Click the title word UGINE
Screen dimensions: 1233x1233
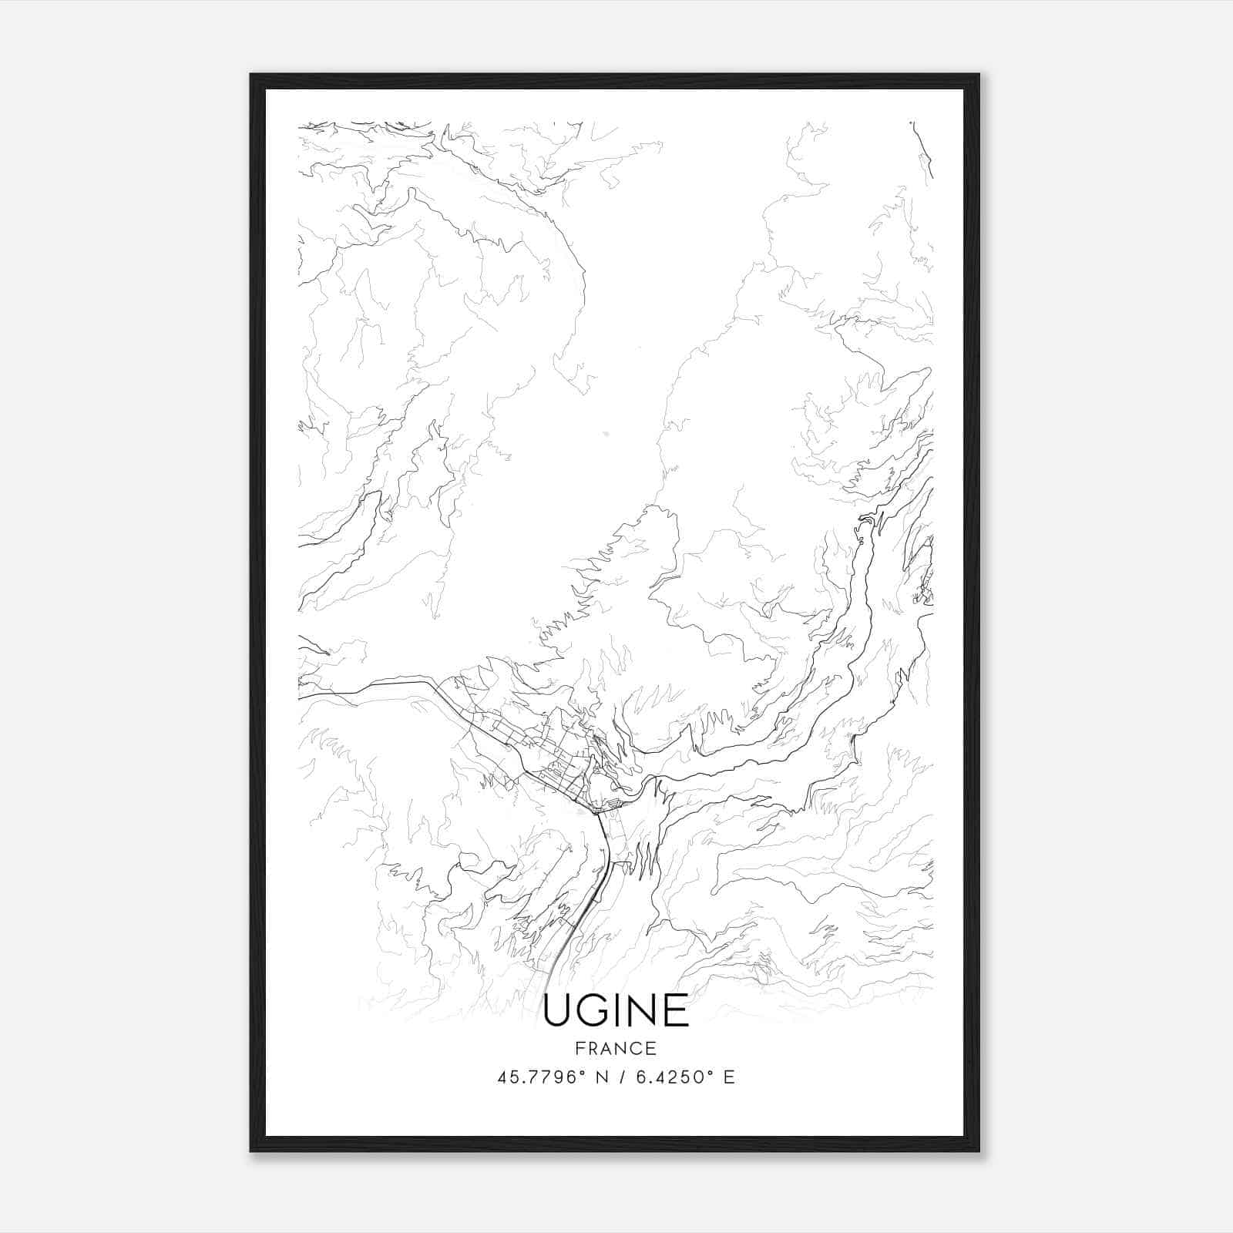click(616, 1010)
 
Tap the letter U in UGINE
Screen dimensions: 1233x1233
click(558, 1010)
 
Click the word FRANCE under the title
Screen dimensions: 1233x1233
click(616, 1048)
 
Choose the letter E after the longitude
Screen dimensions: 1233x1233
click(728, 1077)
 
